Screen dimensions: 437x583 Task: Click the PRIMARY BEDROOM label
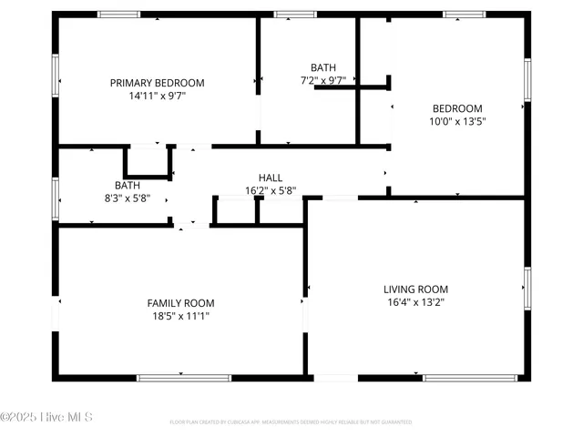coord(157,83)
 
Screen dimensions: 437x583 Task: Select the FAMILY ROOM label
coord(180,303)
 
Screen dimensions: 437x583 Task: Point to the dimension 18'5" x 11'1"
coord(180,316)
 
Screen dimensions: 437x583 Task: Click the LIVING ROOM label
coord(415,290)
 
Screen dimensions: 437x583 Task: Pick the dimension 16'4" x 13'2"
coord(415,302)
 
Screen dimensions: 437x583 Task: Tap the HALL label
coord(271,178)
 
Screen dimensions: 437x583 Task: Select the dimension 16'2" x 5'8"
coord(271,191)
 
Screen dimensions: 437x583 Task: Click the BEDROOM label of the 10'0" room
coord(457,108)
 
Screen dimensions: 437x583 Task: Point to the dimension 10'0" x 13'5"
coord(457,121)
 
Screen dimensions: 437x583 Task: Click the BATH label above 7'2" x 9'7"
coord(322,67)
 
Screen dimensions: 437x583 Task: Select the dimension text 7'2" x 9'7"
coord(322,80)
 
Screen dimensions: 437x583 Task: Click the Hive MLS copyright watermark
coord(46,417)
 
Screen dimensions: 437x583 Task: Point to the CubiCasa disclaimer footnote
coord(291,422)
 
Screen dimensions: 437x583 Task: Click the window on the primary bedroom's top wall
coord(119,15)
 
